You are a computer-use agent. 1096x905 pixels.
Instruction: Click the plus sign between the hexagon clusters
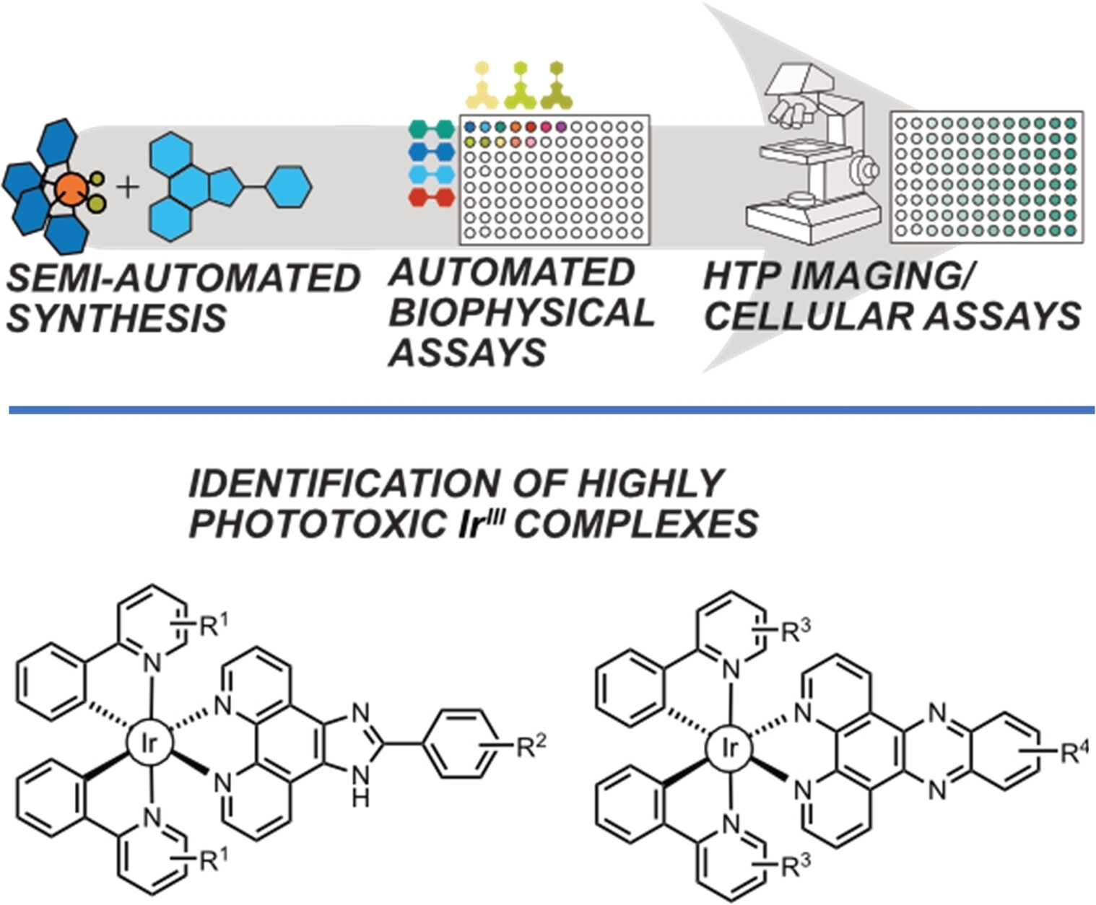tap(128, 188)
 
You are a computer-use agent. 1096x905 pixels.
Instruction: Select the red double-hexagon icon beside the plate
tap(432, 197)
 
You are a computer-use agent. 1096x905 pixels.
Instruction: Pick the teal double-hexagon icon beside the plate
tap(432, 129)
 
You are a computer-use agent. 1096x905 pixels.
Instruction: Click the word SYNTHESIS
tap(116, 318)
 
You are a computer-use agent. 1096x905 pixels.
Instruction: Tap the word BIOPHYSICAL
tap(521, 312)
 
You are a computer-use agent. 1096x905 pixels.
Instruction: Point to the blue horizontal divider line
tap(549, 410)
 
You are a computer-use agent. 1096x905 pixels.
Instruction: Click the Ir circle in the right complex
tap(730, 748)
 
